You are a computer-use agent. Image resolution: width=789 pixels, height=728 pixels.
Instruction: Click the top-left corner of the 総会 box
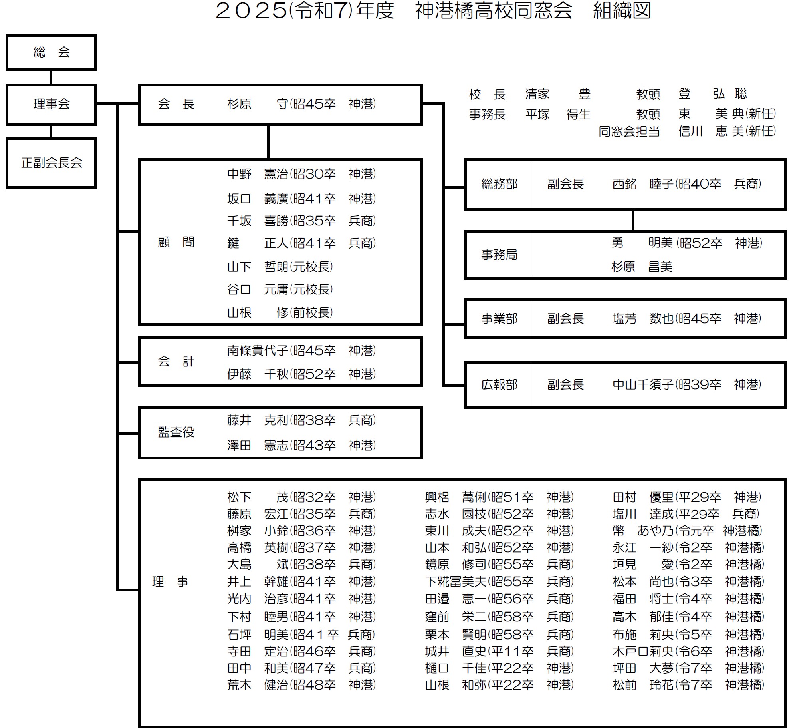pyautogui.click(x=7, y=35)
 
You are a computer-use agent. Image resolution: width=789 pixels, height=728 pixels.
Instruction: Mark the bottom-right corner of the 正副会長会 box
pyautogui.click(x=95, y=187)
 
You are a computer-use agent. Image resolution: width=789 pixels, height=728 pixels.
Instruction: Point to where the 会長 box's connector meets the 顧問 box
pyautogui.click(x=268, y=159)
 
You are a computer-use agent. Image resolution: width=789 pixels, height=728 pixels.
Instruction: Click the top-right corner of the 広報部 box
pyautogui.click(x=785, y=363)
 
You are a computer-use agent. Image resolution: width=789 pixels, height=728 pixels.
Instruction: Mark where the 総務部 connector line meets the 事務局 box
pyautogui.click(x=633, y=231)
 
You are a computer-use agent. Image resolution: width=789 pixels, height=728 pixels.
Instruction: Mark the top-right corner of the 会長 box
pyautogui.click(x=422, y=85)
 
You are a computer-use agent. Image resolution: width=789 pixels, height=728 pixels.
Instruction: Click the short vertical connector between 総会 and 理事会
pyautogui.click(x=51, y=77)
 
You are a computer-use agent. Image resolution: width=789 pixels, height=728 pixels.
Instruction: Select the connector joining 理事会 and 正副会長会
pyautogui.click(x=51, y=132)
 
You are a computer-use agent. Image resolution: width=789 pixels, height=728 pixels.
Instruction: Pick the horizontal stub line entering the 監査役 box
pyautogui.click(x=128, y=433)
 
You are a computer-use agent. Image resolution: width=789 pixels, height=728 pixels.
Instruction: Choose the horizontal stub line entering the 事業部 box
pyautogui.click(x=455, y=324)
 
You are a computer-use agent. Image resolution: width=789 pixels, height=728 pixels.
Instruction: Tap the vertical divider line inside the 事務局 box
pyautogui.click(x=532, y=255)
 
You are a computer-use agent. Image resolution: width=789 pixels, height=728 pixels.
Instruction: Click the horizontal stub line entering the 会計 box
pyautogui.click(x=128, y=362)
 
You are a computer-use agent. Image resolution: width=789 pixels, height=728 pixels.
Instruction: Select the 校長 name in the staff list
pyautogui.click(x=558, y=94)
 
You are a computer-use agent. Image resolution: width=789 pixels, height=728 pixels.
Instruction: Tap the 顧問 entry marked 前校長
pyautogui.click(x=280, y=312)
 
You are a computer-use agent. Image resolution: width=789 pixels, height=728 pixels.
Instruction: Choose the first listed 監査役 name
pyautogui.click(x=258, y=420)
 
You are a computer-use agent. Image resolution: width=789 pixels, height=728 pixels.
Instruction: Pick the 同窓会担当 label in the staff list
pyautogui.click(x=629, y=131)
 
